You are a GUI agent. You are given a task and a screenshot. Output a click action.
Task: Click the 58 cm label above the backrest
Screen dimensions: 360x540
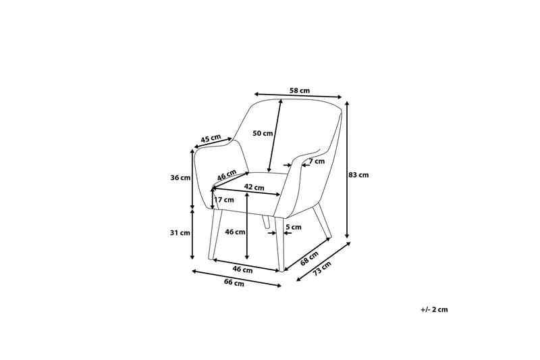coord(300,91)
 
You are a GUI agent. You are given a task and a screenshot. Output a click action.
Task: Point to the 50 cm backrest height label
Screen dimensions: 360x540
coord(263,133)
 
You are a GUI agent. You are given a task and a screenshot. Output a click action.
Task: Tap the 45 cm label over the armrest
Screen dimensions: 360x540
coord(211,138)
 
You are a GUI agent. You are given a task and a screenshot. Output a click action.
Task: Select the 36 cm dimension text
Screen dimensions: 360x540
coord(180,178)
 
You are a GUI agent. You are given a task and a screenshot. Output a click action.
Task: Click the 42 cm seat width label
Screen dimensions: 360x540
coord(254,186)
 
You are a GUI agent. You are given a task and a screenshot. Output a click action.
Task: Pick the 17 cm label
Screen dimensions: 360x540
coord(224,200)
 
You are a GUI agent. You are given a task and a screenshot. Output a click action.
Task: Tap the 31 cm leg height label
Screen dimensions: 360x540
coord(180,232)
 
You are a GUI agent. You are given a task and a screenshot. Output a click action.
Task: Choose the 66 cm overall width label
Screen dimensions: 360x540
coord(234,283)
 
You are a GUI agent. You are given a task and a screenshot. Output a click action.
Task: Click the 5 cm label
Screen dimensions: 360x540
coord(294,228)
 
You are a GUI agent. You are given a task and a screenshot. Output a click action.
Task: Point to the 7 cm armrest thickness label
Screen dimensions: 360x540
coord(317,161)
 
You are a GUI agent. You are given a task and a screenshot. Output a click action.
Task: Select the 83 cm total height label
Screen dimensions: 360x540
coord(358,175)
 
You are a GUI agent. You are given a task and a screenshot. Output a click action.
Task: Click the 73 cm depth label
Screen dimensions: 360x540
coord(323,268)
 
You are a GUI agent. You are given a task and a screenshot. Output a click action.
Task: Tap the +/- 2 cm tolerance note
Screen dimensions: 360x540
coord(434,309)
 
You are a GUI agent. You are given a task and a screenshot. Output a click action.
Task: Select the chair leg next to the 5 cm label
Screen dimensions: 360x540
coord(279,243)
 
